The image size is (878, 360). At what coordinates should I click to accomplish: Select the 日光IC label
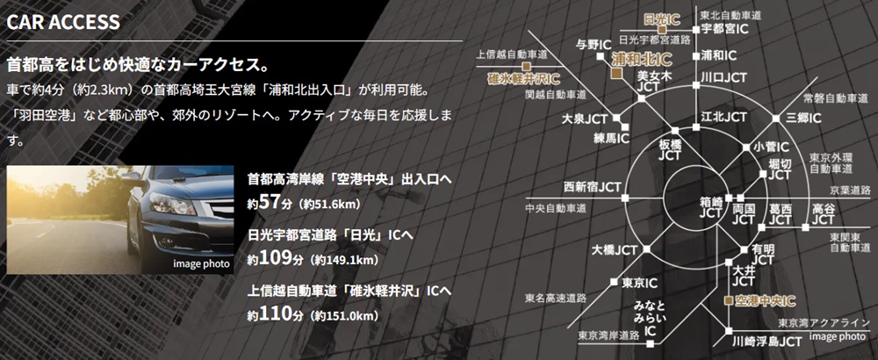point(663,18)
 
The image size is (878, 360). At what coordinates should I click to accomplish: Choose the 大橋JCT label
point(614,249)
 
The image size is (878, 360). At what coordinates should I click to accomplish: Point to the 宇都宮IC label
point(724,28)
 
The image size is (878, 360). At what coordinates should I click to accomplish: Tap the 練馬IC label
point(611,138)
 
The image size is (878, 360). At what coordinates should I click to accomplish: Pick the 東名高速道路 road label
point(554,297)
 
